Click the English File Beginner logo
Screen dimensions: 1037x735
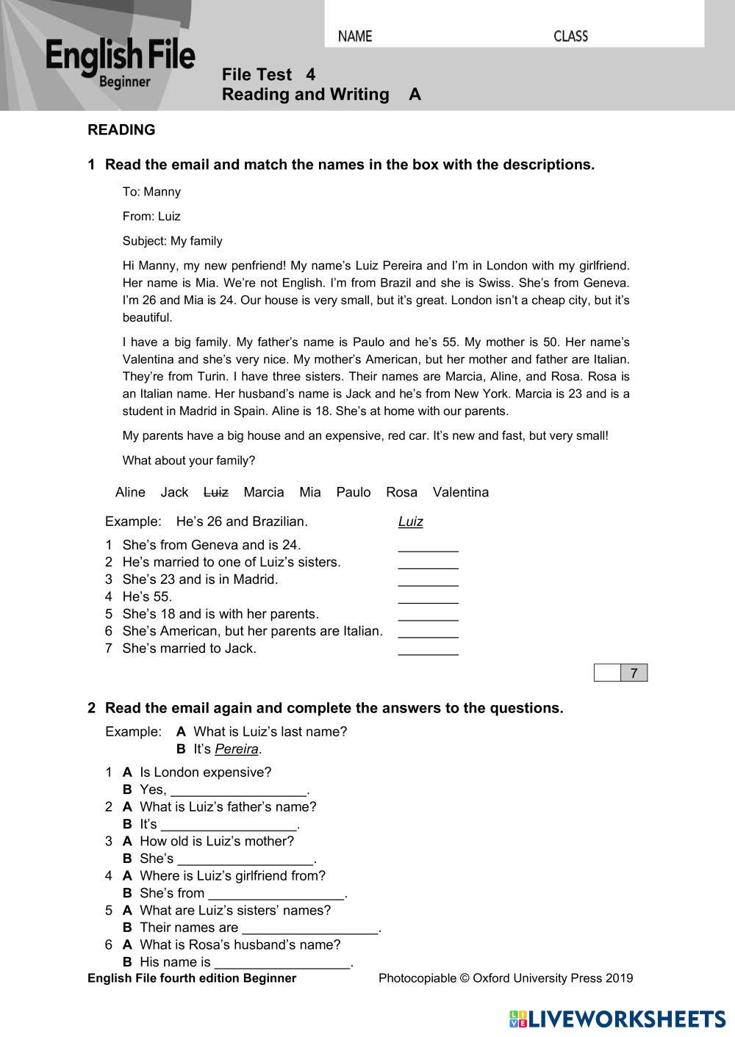(120, 63)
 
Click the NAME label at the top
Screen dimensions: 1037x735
(355, 36)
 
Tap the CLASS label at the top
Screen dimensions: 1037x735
(570, 36)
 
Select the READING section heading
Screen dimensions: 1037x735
(121, 130)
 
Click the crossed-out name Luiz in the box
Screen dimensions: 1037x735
(215, 492)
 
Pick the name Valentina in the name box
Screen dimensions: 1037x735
(460, 492)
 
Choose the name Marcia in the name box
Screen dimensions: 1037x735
(263, 492)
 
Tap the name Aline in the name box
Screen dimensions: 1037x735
(130, 492)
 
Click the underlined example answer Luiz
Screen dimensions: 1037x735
(410, 521)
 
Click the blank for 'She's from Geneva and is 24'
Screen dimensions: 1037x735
(428, 546)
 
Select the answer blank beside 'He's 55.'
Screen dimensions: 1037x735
(428, 598)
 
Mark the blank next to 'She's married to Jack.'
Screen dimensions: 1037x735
(428, 649)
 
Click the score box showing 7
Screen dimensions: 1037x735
(634, 673)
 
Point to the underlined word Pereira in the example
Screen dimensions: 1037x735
(236, 749)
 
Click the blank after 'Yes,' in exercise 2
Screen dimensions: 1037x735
(238, 791)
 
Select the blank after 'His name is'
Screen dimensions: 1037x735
(282, 964)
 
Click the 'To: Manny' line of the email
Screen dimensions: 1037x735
(151, 192)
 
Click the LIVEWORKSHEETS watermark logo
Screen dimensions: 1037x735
(617, 1019)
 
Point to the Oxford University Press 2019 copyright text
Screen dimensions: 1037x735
(505, 978)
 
